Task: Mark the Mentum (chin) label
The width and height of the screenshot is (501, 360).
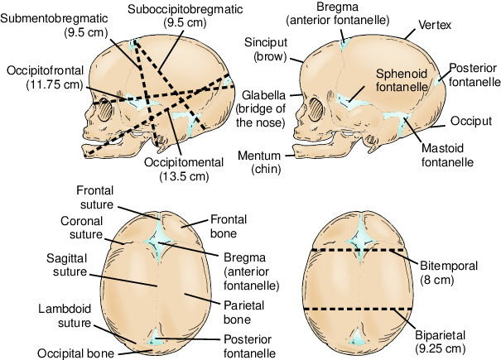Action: tap(266, 162)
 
